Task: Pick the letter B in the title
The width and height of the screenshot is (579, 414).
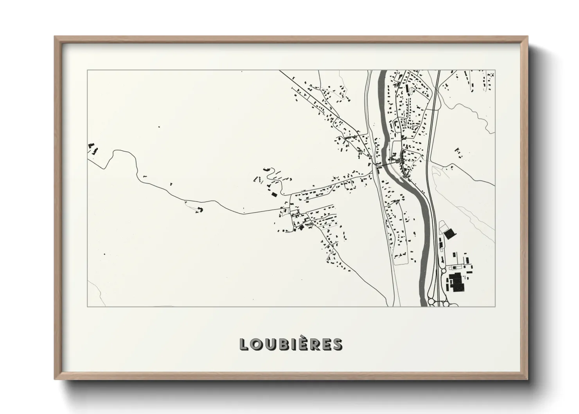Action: pyautogui.click(x=279, y=344)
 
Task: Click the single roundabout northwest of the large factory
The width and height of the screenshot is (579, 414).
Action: pyautogui.click(x=443, y=270)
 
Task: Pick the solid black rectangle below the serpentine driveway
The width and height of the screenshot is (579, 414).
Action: pyautogui.click(x=274, y=194)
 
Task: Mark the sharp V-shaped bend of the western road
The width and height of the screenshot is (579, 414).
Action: pyautogui.click(x=114, y=151)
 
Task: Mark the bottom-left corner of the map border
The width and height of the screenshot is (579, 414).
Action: pyautogui.click(x=87, y=307)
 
